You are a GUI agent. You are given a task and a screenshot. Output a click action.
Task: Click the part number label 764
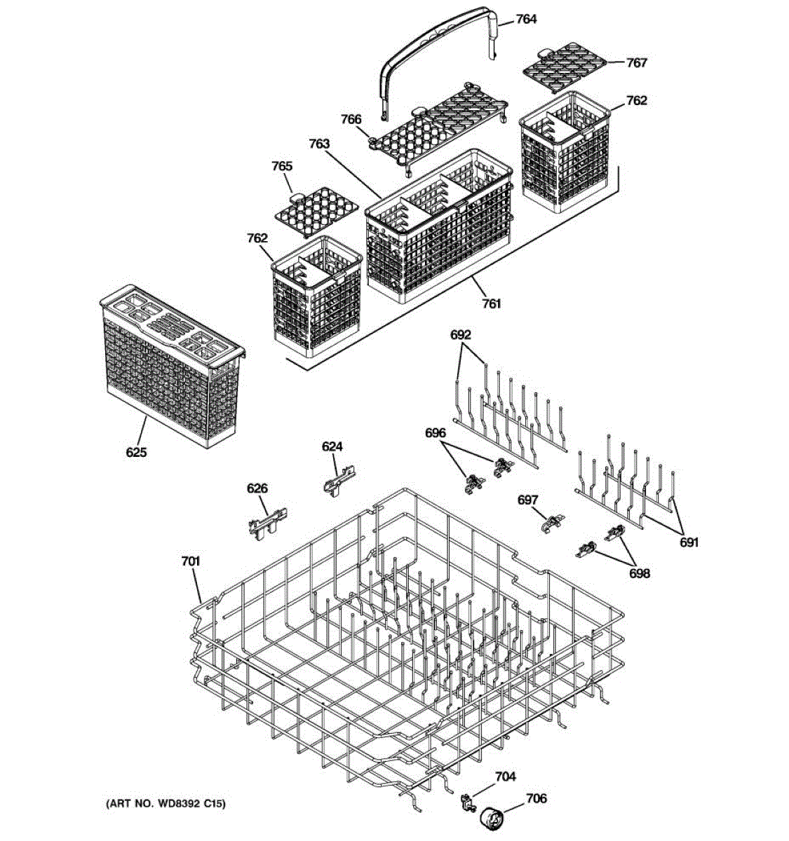click(x=526, y=19)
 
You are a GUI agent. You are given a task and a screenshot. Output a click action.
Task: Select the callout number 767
click(x=636, y=62)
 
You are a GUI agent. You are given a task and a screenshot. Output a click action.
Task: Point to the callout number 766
click(x=351, y=119)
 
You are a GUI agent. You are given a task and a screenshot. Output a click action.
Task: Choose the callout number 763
click(x=318, y=144)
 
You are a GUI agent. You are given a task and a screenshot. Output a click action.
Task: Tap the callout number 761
click(x=492, y=303)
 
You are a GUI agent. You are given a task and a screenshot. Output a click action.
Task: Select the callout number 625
click(x=136, y=452)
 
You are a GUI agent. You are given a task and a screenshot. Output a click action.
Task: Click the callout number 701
click(x=190, y=561)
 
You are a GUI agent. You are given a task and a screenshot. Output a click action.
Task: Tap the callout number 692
click(x=460, y=335)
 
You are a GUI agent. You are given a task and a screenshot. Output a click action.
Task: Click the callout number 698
click(x=639, y=573)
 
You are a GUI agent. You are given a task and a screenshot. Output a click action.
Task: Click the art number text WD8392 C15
click(x=166, y=805)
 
